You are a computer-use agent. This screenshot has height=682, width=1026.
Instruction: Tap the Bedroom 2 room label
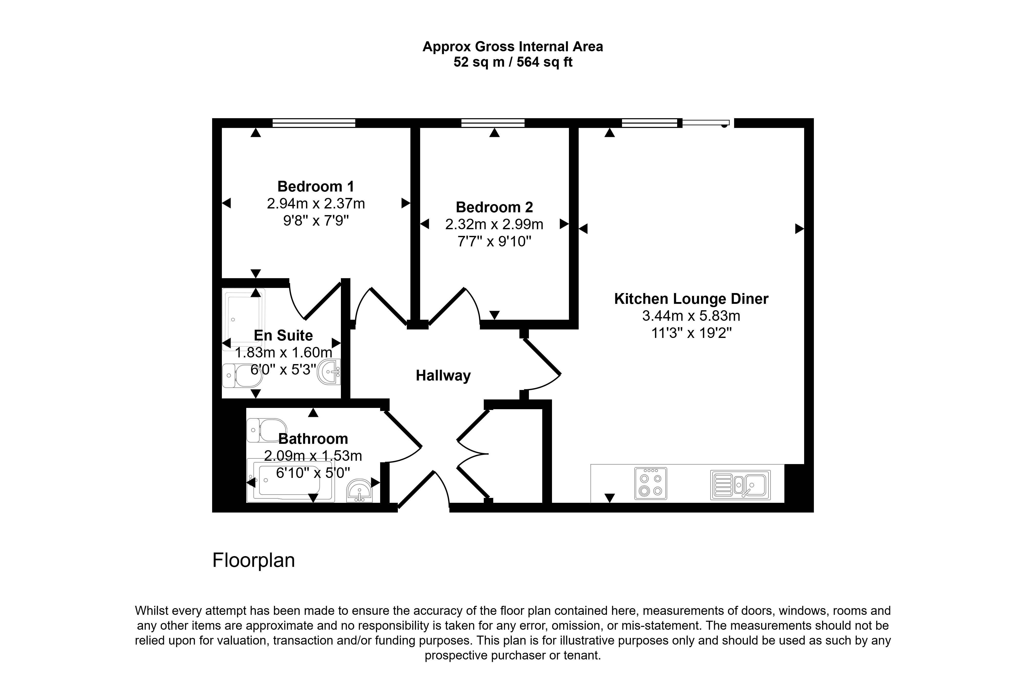(x=494, y=207)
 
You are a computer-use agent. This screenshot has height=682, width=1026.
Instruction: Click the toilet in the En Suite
(x=242, y=375)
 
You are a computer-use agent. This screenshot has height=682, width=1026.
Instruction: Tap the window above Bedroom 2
(x=493, y=123)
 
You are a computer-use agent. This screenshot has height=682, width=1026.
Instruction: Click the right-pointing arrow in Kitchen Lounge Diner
(x=799, y=228)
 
